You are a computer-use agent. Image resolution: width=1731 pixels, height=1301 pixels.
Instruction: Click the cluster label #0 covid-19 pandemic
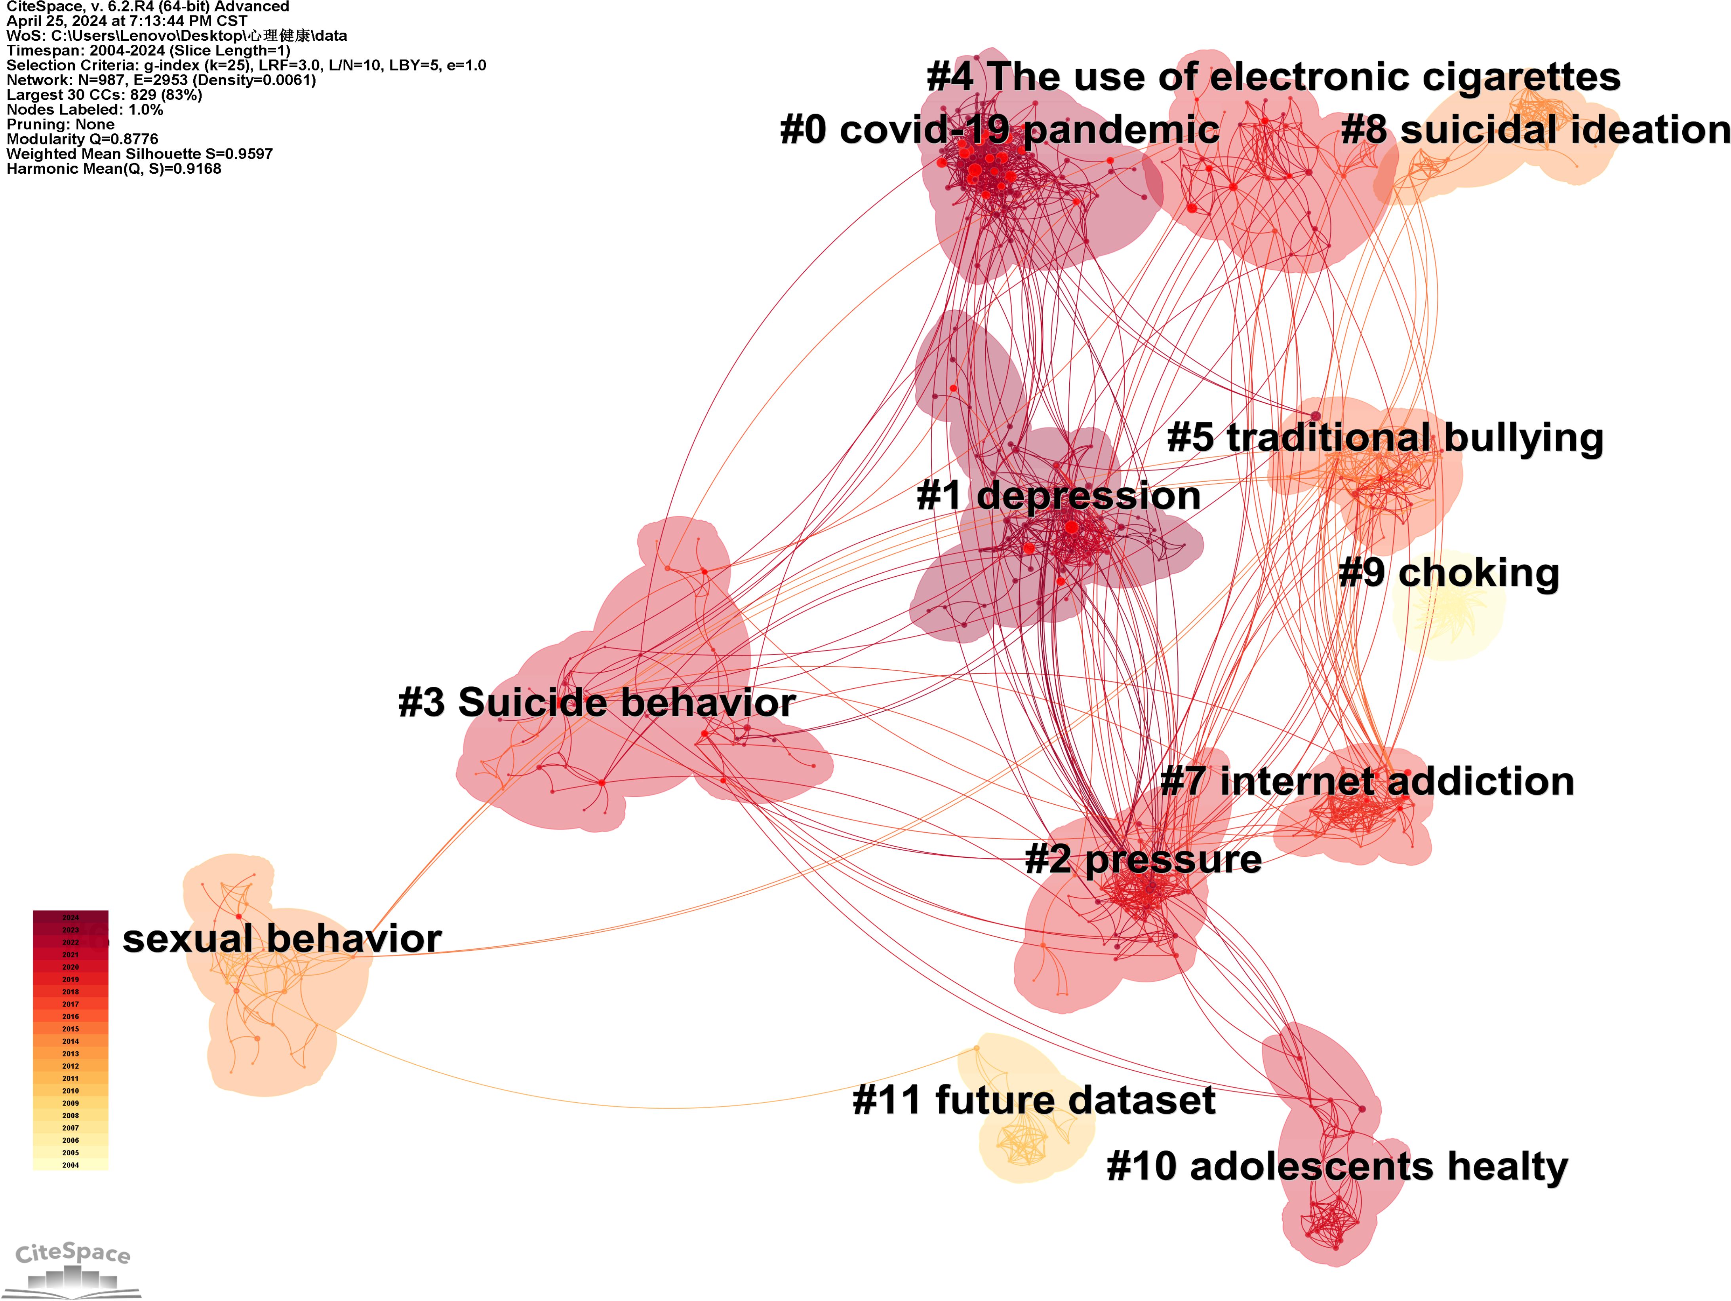click(999, 130)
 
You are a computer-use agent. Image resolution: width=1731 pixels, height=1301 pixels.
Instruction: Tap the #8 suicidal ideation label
click(1535, 130)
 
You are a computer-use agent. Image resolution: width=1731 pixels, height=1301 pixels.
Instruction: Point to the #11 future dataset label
click(1034, 1100)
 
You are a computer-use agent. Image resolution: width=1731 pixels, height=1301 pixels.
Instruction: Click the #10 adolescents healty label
click(1337, 1166)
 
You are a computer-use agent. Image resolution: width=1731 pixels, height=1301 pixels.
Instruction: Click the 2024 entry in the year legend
click(70, 917)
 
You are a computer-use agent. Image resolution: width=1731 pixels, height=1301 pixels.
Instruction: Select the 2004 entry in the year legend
click(70, 1165)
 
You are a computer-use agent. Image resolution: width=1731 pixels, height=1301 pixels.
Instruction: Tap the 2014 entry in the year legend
click(70, 1041)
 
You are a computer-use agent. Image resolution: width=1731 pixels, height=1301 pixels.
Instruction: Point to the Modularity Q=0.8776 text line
click(82, 139)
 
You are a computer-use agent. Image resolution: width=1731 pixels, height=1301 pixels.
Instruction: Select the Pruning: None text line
click(60, 124)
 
